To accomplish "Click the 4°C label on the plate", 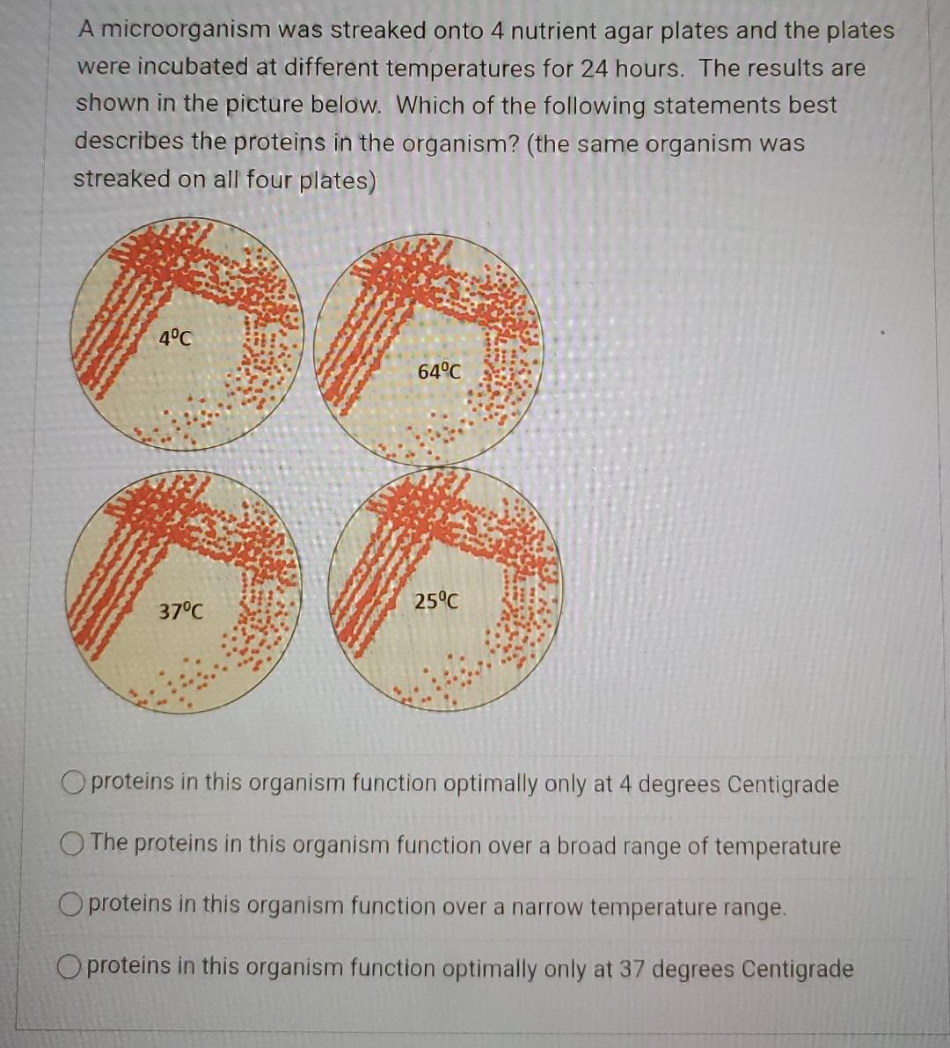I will (174, 337).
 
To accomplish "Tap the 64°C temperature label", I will (438, 371).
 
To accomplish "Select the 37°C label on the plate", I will (180, 610).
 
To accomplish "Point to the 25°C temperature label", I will (436, 602).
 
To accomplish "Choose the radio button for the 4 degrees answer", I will (74, 781).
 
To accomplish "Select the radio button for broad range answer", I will (72, 843).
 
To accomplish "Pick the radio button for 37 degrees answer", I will (71, 967).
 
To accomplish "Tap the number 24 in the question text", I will (596, 68).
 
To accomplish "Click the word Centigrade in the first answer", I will (783, 783).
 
